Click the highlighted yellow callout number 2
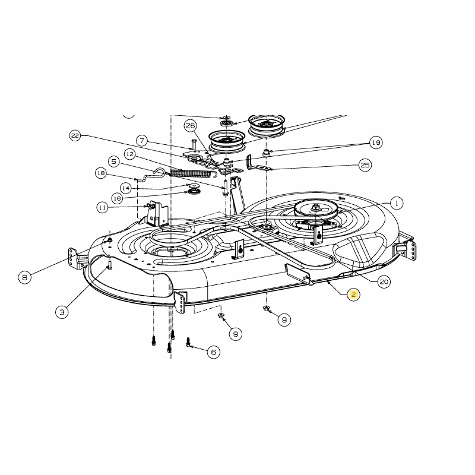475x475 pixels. pyautogui.click(x=353, y=295)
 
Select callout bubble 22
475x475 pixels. pyautogui.click(x=75, y=136)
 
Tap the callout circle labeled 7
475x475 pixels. pyautogui.click(x=141, y=141)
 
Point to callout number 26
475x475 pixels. pyautogui.click(x=190, y=125)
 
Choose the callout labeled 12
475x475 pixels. pyautogui.click(x=130, y=154)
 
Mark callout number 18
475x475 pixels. pyautogui.click(x=100, y=173)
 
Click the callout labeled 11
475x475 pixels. pyautogui.click(x=103, y=207)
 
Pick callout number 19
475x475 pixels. pyautogui.click(x=375, y=142)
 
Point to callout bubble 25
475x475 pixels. pyautogui.click(x=365, y=164)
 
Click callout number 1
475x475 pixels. pyautogui.click(x=396, y=203)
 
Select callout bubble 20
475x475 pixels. pyautogui.click(x=384, y=282)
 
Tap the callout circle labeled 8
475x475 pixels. pyautogui.click(x=25, y=277)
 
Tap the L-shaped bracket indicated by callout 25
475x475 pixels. pyautogui.click(x=256, y=163)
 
